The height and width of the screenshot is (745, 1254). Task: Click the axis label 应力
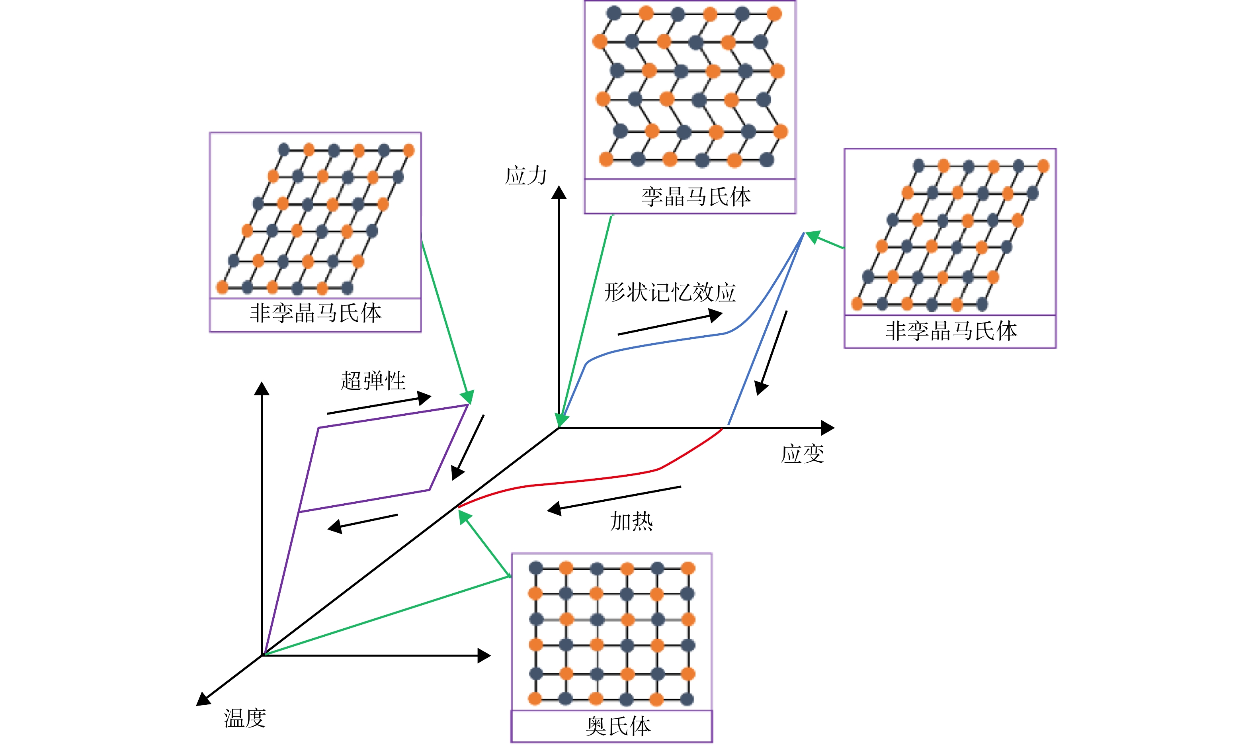(x=525, y=176)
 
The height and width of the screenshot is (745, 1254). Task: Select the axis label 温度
(x=245, y=718)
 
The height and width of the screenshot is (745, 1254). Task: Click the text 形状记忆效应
(x=670, y=292)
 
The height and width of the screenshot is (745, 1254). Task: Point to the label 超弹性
(x=373, y=381)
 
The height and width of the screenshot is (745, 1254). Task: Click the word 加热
(x=631, y=521)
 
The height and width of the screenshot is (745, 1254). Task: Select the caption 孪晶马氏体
(x=696, y=197)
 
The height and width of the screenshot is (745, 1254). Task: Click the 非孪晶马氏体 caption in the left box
(x=316, y=313)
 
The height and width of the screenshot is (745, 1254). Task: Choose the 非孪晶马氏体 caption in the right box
(x=951, y=331)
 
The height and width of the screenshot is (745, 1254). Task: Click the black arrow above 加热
(x=614, y=499)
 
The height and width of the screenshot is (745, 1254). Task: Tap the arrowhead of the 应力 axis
(x=559, y=192)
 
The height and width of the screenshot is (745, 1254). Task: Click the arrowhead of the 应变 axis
(x=828, y=428)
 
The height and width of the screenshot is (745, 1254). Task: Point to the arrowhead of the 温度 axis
(x=203, y=699)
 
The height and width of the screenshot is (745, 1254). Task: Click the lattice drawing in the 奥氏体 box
(x=612, y=634)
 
